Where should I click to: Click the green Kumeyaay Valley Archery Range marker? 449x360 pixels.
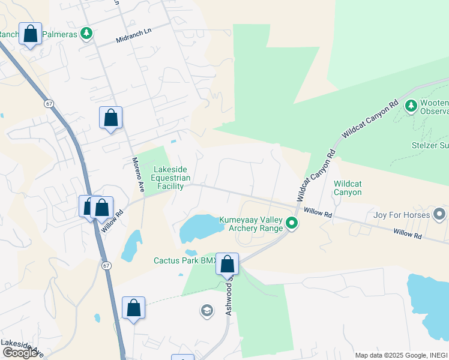(x=292, y=224)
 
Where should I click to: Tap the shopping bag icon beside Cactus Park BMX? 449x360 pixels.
(x=228, y=264)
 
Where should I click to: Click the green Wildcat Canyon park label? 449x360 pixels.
(x=348, y=188)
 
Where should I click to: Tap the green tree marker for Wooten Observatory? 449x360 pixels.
(x=411, y=106)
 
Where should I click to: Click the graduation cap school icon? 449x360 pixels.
(x=206, y=311)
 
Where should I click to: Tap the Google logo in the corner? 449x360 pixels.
(x=20, y=353)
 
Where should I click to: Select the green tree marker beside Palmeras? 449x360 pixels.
(x=87, y=34)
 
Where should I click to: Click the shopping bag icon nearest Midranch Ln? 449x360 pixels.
(x=30, y=34)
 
